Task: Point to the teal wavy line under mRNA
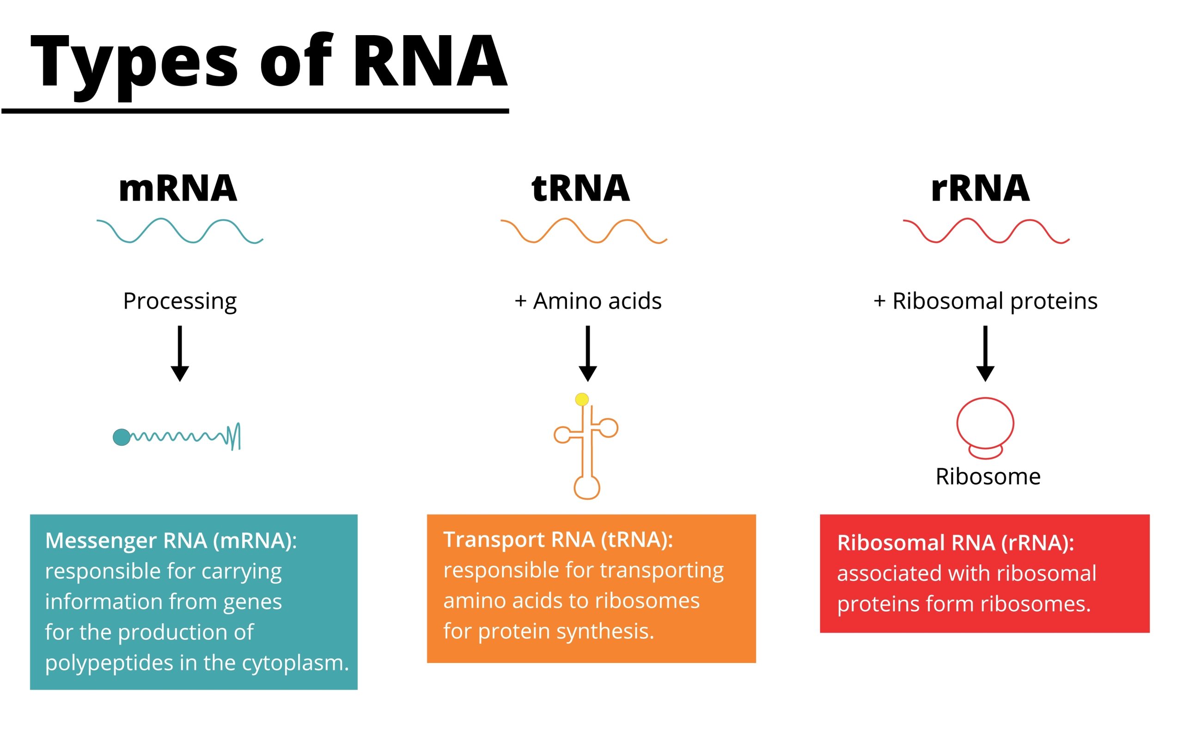179,231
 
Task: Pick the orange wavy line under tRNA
583,231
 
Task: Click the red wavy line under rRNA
986,231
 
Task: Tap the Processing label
179,301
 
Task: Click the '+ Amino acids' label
588,301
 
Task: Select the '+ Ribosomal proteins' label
985,301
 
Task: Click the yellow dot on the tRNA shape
582,399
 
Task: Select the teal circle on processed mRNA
122,437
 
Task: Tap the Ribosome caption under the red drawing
988,477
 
